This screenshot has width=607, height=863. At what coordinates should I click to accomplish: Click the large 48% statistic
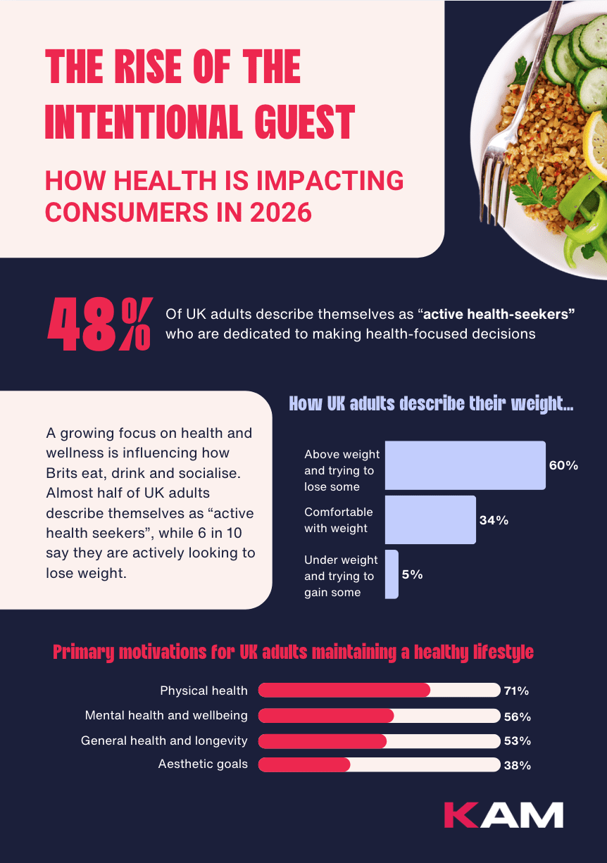tap(99, 325)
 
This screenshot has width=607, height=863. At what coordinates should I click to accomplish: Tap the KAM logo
tap(503, 814)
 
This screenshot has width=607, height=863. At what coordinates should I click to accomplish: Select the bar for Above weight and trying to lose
tap(465, 465)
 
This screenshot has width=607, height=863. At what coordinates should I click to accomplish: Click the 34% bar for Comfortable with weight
tap(430, 519)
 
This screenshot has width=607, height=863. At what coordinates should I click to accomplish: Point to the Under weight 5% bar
tap(392, 574)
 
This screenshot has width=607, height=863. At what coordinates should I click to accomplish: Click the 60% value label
tap(563, 465)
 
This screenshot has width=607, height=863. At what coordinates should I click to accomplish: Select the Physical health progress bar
tap(379, 691)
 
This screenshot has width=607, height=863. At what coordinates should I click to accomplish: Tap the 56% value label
tap(517, 717)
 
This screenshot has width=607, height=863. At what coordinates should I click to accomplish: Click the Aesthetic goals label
tap(203, 764)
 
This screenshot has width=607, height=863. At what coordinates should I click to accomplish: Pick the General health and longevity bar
tap(379, 741)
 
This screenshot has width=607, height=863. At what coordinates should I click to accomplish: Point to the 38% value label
tap(517, 765)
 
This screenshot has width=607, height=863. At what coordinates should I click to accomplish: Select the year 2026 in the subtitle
tap(277, 211)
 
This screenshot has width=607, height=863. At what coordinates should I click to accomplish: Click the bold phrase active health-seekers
tap(499, 313)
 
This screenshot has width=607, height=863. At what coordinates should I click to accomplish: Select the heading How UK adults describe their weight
tap(431, 404)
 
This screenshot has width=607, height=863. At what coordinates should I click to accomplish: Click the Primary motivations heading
tap(293, 652)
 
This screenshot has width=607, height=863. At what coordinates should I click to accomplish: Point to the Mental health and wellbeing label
tap(166, 715)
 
